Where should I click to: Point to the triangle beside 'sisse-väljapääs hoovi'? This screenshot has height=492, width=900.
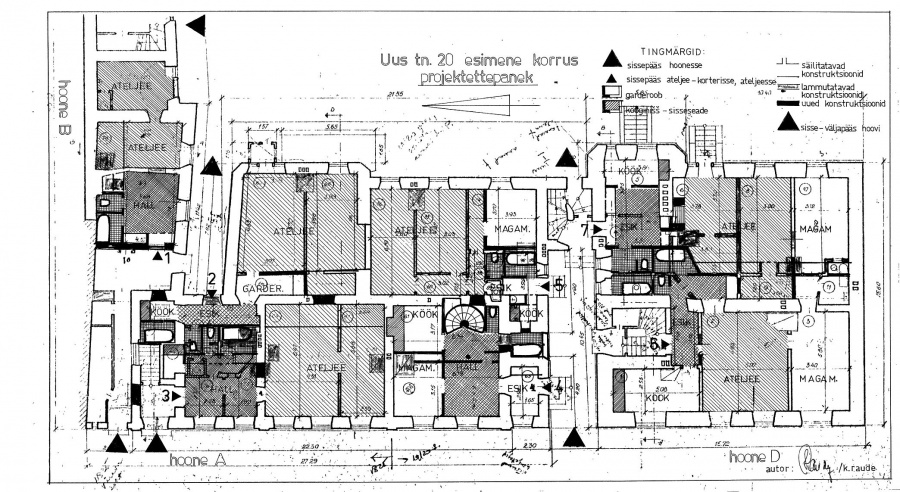[788, 123]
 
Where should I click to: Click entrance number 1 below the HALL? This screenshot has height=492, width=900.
[168, 256]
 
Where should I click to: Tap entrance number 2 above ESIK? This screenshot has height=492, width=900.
[211, 279]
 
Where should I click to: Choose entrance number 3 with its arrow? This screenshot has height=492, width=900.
[166, 396]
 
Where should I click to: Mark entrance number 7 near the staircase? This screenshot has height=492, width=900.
[585, 229]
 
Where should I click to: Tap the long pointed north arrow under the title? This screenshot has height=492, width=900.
[476, 101]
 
